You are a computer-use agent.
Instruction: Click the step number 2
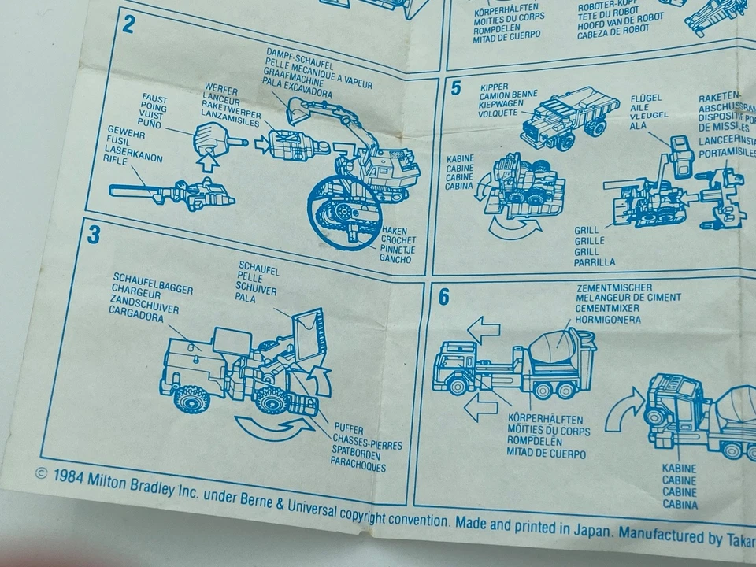tap(128, 24)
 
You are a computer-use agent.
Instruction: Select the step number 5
tap(455, 87)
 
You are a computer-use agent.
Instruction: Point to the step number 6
tap(444, 298)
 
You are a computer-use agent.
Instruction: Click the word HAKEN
tap(394, 230)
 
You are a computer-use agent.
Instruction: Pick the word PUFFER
tap(350, 429)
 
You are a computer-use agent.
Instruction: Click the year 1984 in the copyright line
tap(69, 475)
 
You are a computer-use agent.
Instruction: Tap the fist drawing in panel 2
tap(209, 142)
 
